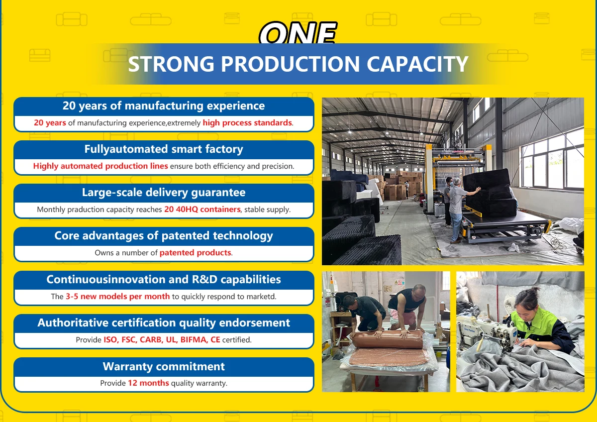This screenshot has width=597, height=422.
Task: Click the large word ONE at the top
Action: [298, 32]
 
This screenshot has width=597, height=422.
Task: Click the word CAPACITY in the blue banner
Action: [417, 64]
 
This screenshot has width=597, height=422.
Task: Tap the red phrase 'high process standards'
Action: [247, 122]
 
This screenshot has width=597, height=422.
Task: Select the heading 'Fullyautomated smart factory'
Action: [164, 149]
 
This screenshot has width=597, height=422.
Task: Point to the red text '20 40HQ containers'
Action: [202, 210]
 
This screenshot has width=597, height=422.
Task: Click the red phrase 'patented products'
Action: [196, 252]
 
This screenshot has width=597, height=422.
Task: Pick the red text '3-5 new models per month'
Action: [118, 296]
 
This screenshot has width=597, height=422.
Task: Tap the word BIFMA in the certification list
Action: [193, 339]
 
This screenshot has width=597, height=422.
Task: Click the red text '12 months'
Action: [148, 383]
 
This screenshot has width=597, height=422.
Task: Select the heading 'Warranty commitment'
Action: [164, 366]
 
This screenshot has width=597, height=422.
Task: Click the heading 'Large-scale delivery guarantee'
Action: [164, 193]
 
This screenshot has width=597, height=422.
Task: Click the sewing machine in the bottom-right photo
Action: [488, 333]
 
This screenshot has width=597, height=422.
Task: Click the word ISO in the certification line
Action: [110, 339]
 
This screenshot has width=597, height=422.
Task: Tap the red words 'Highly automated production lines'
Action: [100, 166]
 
